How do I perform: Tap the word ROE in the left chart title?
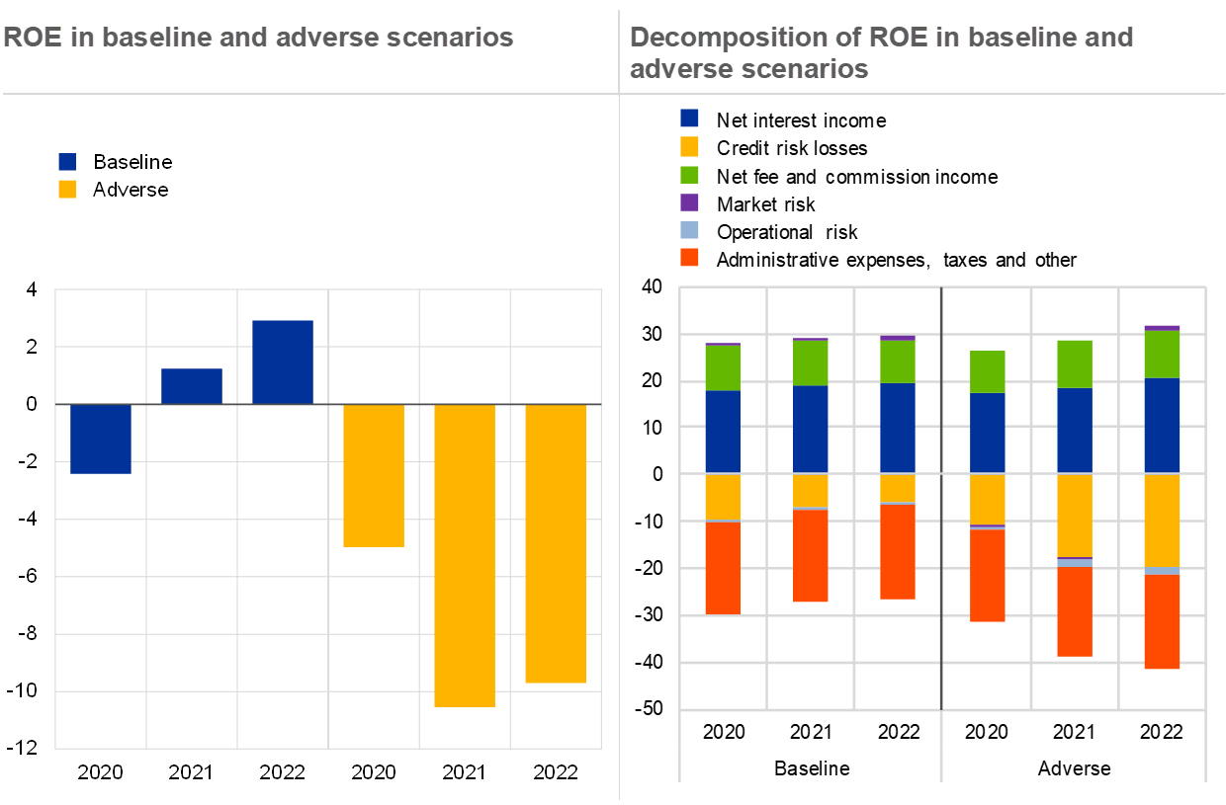pyautogui.click(x=26, y=38)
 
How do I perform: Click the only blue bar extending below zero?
pyautogui.click(x=101, y=439)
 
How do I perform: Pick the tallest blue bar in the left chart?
pyautogui.click(x=283, y=362)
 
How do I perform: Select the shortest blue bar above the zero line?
pyautogui.click(x=192, y=386)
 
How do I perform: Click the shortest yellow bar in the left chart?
pyautogui.click(x=374, y=475)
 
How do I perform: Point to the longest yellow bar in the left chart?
pyautogui.click(x=465, y=555)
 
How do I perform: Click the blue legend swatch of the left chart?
pyautogui.click(x=67, y=162)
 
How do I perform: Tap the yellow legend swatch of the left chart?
pyautogui.click(x=67, y=189)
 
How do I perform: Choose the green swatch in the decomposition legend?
pyautogui.click(x=689, y=175)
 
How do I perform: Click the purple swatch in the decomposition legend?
pyautogui.click(x=689, y=202)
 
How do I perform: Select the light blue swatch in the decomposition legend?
pyautogui.click(x=689, y=230)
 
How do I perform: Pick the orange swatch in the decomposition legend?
pyautogui.click(x=689, y=258)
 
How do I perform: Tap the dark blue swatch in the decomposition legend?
pyautogui.click(x=689, y=119)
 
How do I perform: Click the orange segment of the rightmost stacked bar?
pyautogui.click(x=1162, y=621)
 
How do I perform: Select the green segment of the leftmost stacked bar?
pyautogui.click(x=723, y=367)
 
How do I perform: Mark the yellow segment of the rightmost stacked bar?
pyautogui.click(x=1162, y=521)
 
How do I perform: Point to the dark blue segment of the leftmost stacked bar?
pyautogui.click(x=723, y=432)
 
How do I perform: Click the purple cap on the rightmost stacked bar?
pyautogui.click(x=1162, y=328)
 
